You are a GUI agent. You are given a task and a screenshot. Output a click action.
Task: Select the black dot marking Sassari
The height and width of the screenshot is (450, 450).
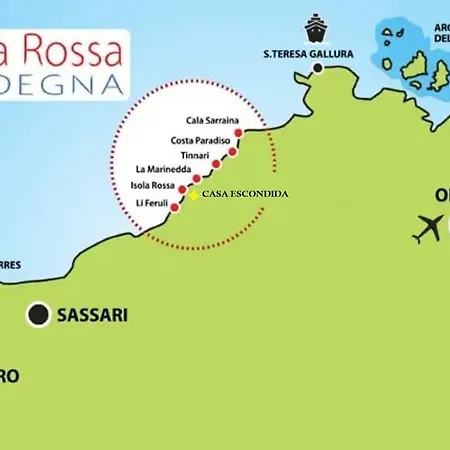[38, 315]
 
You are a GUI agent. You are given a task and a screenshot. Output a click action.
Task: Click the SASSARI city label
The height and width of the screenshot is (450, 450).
[95, 315]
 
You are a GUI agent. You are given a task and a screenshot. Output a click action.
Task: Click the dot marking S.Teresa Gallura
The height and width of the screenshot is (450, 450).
[318, 69]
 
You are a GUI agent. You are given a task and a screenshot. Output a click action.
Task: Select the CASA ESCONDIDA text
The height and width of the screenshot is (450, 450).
[245, 193]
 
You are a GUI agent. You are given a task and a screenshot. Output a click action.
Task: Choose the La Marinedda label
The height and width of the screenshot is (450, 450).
[160, 171]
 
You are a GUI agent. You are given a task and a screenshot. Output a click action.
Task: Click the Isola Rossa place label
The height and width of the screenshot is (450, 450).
[153, 186]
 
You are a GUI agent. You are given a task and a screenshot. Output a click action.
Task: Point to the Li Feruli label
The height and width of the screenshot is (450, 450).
[154, 203]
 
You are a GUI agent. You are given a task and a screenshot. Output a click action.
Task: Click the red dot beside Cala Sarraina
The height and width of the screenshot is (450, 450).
[238, 132]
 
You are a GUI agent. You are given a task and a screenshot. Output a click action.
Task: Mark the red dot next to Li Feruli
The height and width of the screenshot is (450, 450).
[175, 207]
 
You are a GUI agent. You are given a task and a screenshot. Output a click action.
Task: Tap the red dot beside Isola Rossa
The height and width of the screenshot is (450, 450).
[182, 188]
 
